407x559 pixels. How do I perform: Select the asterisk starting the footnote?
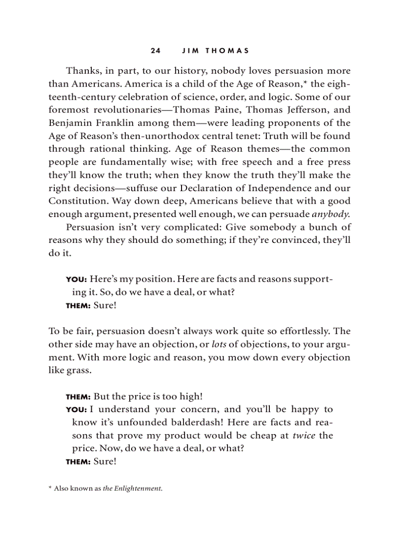pos(50,489)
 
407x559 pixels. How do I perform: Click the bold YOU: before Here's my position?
pos(77,279)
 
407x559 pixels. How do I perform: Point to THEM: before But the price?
pos(78,397)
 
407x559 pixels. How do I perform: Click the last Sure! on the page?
pos(105,461)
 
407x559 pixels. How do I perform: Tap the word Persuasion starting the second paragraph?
pos(90,227)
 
